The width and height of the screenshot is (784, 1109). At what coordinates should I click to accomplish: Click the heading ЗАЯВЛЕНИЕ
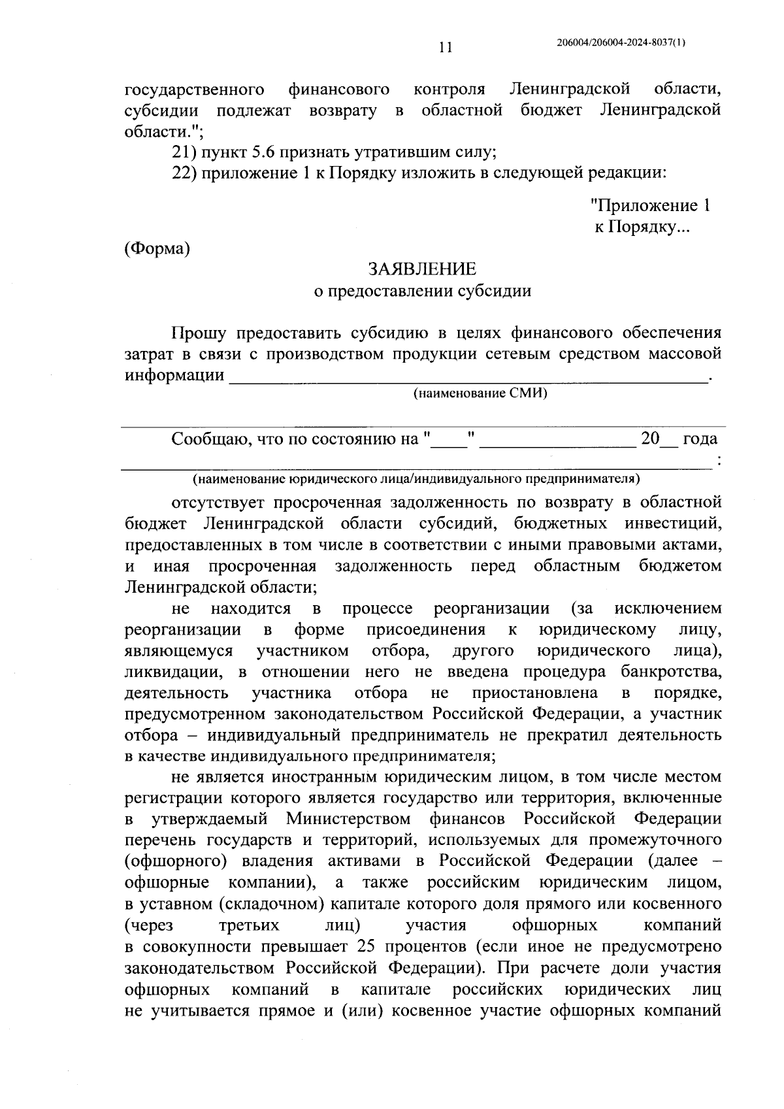[x=422, y=269]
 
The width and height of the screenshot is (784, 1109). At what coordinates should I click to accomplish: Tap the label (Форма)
[x=157, y=248]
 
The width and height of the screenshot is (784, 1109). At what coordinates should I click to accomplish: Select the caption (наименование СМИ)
[x=480, y=393]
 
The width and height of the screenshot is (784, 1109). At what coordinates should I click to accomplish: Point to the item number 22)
[x=184, y=174]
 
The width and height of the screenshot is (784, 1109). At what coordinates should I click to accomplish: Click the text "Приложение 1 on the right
[x=649, y=206]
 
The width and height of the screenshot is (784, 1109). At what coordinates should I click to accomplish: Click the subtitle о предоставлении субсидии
[x=422, y=291]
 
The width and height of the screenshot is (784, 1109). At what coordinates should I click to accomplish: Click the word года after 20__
[x=700, y=439]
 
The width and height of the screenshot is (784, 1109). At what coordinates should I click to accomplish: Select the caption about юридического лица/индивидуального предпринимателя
[x=416, y=479]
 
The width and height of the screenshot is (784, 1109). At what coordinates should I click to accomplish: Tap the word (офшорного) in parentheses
[x=165, y=861]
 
